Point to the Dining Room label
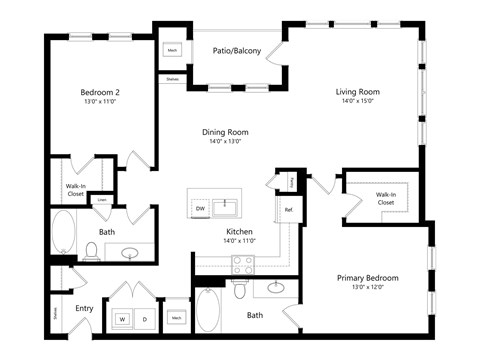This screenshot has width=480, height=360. pos(225,132)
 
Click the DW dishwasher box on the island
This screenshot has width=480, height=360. pos(200,208)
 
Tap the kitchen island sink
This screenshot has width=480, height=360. pos(227,208)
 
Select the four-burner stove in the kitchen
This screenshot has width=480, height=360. pos(242,264)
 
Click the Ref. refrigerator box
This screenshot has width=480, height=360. pos(288,210)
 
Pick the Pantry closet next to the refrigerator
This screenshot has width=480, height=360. pos(290,181)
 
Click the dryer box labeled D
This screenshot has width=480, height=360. pos(146,319)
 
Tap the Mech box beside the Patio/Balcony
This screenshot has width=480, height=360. pos(172,48)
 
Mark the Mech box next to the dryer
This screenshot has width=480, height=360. pos(176,318)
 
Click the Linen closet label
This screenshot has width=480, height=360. pos(102,200)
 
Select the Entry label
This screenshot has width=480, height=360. pos(84,308)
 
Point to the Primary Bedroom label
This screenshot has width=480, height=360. pos(366,278)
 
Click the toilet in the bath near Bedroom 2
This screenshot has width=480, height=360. pos(91,250)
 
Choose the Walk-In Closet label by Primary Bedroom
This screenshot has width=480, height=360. pos(385,197)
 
